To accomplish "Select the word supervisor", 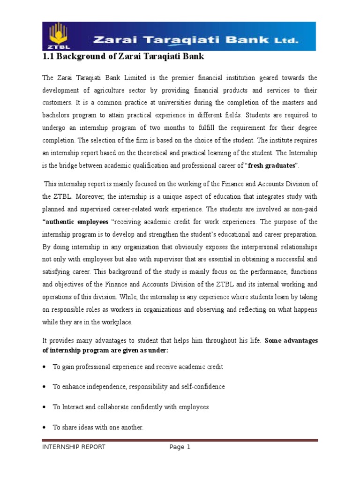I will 173,259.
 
